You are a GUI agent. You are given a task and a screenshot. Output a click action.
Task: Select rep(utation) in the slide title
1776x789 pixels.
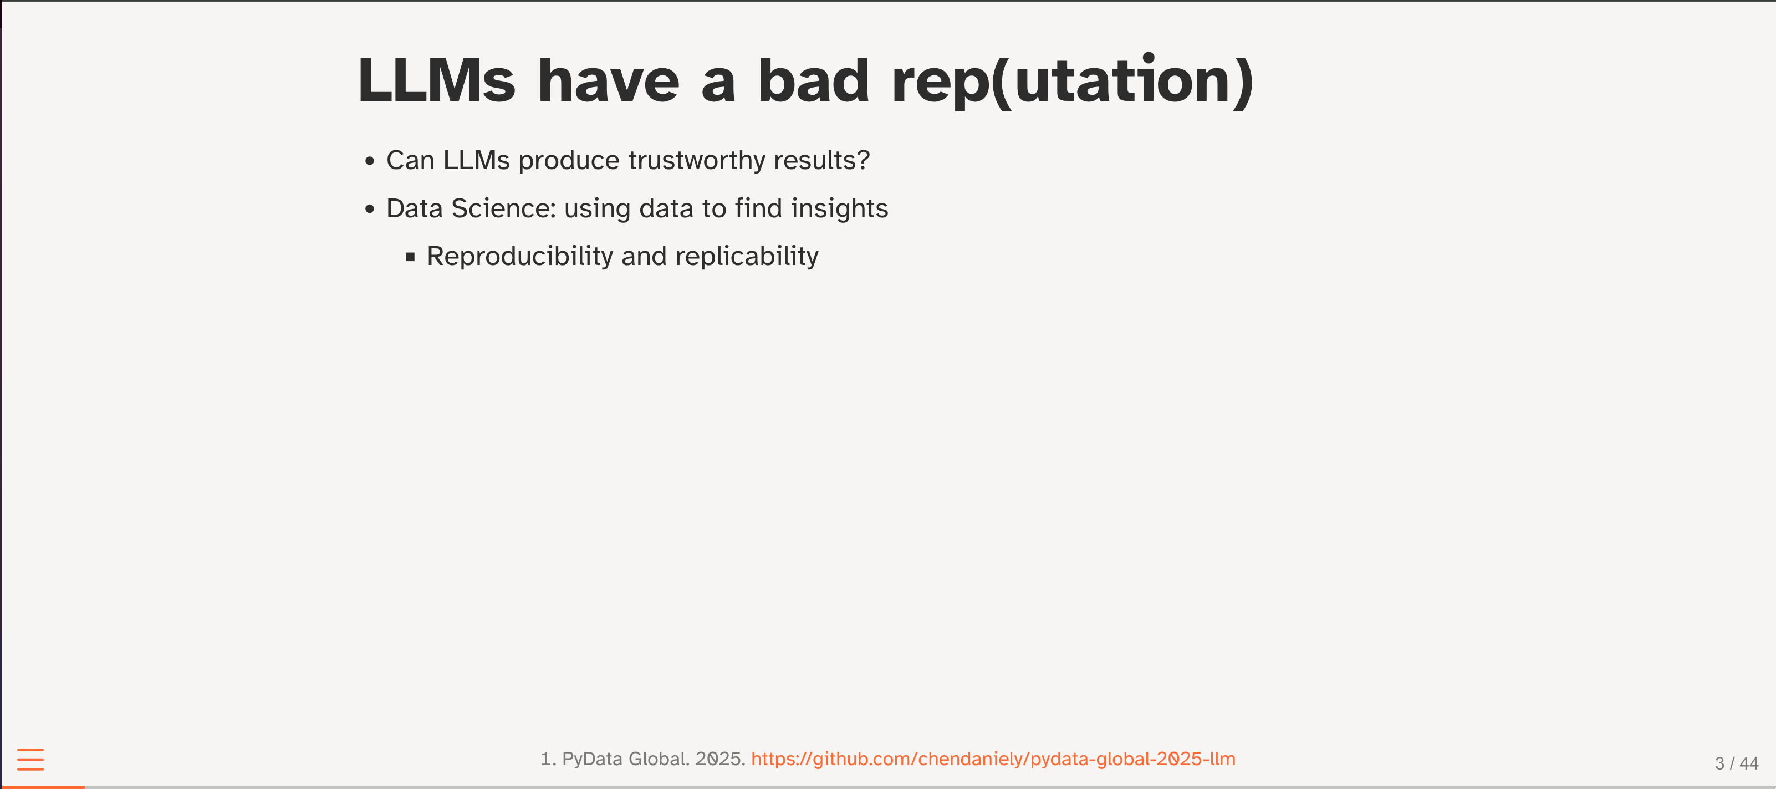coord(1072,81)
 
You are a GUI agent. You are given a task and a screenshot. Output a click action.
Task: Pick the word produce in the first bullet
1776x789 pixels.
coord(569,161)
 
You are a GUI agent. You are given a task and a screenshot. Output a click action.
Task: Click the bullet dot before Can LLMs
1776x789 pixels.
coord(370,161)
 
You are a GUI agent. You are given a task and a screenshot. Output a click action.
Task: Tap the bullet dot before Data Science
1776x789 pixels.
coord(370,209)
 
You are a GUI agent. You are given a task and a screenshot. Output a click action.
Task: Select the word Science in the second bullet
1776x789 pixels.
coord(503,208)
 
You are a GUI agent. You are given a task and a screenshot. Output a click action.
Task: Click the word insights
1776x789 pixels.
coord(839,208)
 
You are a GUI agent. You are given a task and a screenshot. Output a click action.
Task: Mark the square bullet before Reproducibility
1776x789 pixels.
coord(410,257)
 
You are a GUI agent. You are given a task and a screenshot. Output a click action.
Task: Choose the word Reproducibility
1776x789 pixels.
coord(520,257)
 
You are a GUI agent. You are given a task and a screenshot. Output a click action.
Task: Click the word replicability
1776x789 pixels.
coord(747,257)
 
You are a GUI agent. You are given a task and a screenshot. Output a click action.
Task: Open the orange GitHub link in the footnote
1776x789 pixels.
coord(993,759)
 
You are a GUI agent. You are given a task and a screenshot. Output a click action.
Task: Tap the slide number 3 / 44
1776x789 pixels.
coord(1736,763)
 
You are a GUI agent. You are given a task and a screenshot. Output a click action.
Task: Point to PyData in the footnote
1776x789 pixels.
coord(592,759)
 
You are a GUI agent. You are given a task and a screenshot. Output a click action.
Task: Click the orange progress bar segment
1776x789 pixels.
coord(43,787)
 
